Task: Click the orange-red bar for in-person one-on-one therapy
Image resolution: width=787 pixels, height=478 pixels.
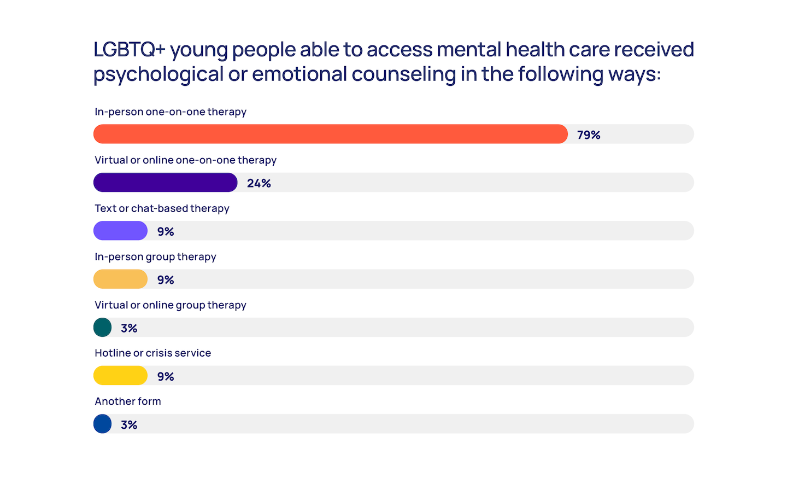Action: tap(331, 134)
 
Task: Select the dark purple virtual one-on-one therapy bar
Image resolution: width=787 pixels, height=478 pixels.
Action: tap(166, 183)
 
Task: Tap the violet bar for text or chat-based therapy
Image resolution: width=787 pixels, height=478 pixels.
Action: tap(121, 231)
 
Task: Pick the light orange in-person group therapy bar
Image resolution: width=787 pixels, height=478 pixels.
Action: tap(121, 279)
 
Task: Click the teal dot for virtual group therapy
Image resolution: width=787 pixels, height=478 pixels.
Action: tap(103, 328)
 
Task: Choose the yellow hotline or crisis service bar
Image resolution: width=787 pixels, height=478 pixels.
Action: tap(121, 376)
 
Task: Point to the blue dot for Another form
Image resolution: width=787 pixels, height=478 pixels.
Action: tap(103, 424)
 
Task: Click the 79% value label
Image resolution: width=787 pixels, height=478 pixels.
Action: tap(589, 135)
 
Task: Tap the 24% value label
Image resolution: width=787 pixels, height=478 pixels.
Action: tap(259, 183)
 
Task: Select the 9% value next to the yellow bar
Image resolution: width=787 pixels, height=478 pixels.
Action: tap(166, 376)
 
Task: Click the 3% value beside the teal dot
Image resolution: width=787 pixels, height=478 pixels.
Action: tap(129, 328)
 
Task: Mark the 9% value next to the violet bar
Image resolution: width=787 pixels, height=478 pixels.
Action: tap(166, 231)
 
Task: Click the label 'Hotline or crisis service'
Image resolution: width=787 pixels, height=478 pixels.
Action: tap(153, 353)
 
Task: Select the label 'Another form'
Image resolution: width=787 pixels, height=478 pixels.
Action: tap(128, 401)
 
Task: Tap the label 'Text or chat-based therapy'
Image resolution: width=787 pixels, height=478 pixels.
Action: tap(162, 208)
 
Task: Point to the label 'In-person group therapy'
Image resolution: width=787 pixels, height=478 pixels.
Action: tap(155, 257)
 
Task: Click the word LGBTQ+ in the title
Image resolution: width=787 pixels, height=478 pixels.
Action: tap(129, 50)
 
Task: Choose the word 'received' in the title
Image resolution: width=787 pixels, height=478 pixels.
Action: tap(654, 50)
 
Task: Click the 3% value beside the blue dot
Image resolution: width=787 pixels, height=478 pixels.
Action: tap(129, 425)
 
